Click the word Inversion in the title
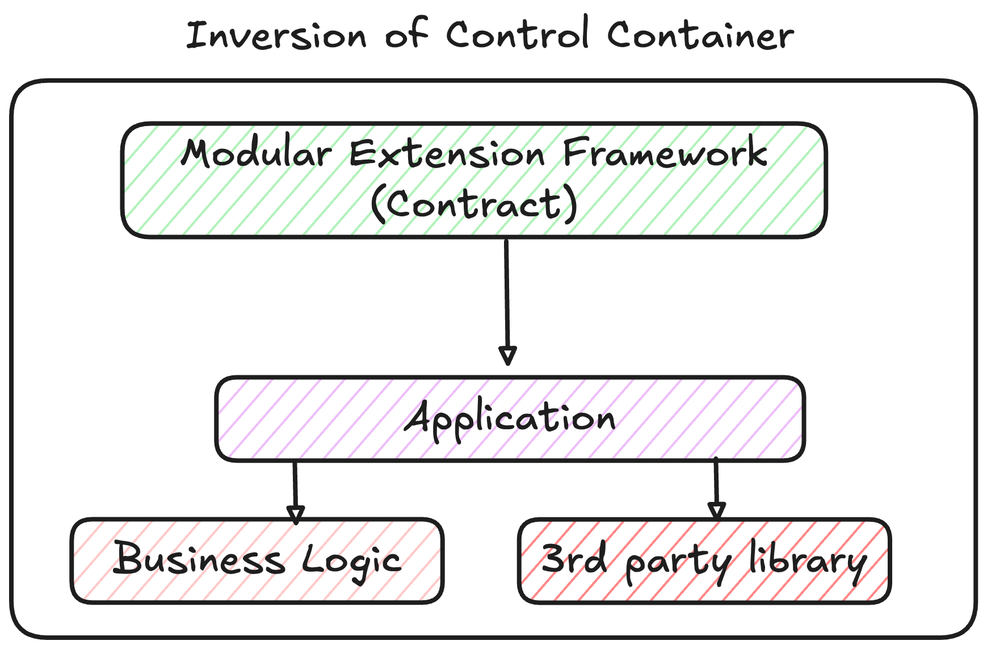(276, 35)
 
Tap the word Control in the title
(517, 34)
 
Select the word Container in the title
(700, 35)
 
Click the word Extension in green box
(447, 154)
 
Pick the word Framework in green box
(665, 153)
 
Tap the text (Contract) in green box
(474, 204)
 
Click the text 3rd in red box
(573, 559)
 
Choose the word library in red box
(807, 561)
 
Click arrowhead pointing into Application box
(507, 355)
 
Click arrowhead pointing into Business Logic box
(296, 514)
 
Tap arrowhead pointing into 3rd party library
(717, 510)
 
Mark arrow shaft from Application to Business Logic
(295, 483)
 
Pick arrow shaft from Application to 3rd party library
(716, 480)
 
